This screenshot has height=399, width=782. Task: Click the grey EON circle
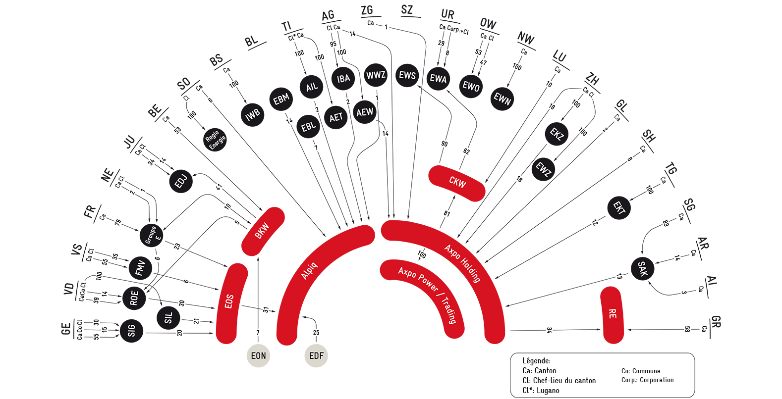coord(258,355)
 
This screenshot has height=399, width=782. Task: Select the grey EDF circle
coord(316,355)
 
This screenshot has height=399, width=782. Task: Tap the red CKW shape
coord(457,183)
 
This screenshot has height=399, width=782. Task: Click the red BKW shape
coord(263,231)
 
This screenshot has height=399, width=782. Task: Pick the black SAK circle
coord(642,268)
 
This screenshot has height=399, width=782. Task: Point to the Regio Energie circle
coord(215,140)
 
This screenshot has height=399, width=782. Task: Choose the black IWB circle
coord(252,114)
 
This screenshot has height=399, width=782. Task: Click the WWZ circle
coord(376,75)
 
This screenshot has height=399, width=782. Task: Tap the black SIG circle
coord(131,331)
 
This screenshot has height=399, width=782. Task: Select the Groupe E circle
coord(152,236)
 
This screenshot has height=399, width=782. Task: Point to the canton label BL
coord(251,41)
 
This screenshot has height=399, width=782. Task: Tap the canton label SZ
coord(407,9)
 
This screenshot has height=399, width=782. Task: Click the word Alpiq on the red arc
coord(309,271)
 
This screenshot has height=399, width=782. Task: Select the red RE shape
coord(612,315)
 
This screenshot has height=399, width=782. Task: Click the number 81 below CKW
coord(447,213)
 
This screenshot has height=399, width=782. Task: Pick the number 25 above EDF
coord(316,332)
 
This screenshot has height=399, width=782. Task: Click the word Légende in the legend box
coord(536,360)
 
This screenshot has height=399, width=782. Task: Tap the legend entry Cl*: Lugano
coord(541,390)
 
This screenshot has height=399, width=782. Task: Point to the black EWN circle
coord(502,99)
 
